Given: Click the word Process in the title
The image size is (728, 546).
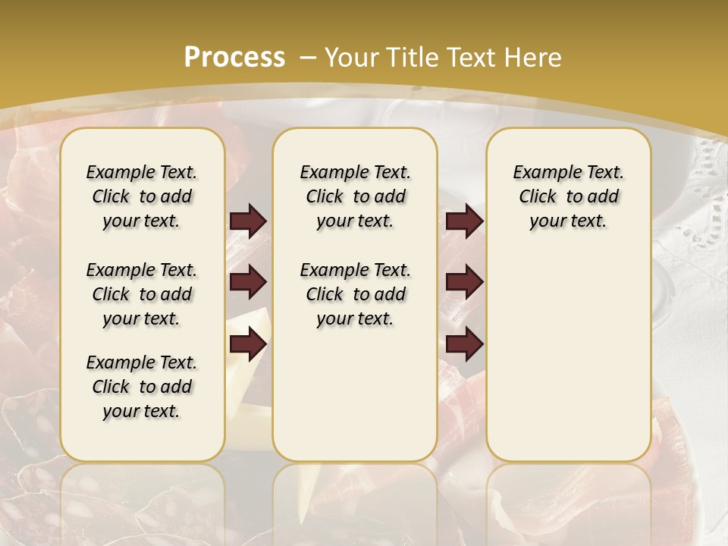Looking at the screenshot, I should pyautogui.click(x=234, y=57).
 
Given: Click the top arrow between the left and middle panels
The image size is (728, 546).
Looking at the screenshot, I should pyautogui.click(x=248, y=221).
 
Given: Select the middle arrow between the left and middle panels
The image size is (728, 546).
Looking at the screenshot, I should pyautogui.click(x=248, y=282).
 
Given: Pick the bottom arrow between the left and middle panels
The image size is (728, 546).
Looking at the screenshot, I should pyautogui.click(x=248, y=345).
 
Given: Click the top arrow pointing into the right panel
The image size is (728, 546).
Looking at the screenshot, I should pyautogui.click(x=464, y=221).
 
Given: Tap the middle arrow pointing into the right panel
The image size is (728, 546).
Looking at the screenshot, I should pyautogui.click(x=464, y=282).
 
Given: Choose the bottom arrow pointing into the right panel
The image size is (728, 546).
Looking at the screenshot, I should pyautogui.click(x=464, y=345).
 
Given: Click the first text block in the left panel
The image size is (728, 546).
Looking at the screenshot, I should pyautogui.click(x=142, y=196).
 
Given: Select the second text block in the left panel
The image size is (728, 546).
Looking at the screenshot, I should pyautogui.click(x=142, y=294).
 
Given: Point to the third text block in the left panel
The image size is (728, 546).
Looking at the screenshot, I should pyautogui.click(x=142, y=387).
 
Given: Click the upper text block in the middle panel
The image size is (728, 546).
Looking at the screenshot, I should pyautogui.click(x=355, y=196).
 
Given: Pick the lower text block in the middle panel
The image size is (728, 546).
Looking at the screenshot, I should pyautogui.click(x=355, y=294).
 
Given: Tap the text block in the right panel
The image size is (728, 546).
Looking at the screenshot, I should pyautogui.click(x=568, y=196).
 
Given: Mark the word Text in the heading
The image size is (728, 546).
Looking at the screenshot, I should pyautogui.click(x=470, y=57).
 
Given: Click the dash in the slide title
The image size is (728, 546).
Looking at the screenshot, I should pyautogui.click(x=309, y=57).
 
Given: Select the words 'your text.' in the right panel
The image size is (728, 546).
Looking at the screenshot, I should pyautogui.click(x=568, y=221).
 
